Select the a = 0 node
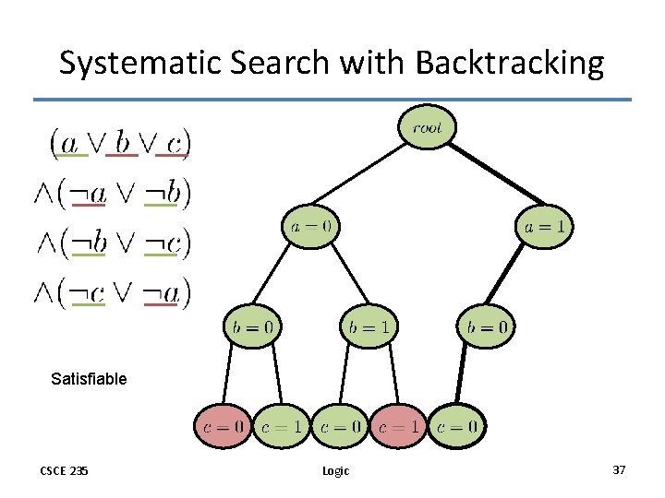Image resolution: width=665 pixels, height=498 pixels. pos(310,226)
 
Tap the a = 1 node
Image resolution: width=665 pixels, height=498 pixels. pos(544,226)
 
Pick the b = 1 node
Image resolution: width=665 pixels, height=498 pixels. pos(369,326)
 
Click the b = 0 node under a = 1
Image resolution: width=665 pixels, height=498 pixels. pos(486,326)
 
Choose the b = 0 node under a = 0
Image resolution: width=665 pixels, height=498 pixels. pos(252,326)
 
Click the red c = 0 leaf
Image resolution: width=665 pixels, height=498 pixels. pos(222,426)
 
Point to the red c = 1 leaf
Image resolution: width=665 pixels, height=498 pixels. pos(399,426)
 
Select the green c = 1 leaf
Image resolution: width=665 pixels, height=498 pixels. pos(281,426)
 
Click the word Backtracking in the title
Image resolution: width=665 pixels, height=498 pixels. pos(510,64)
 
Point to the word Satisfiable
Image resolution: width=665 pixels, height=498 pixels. pos(89,378)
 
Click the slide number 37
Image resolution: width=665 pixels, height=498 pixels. pos(619,470)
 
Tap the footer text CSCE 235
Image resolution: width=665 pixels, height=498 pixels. pos(64,470)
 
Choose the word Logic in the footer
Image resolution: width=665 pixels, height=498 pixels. pos(335,470)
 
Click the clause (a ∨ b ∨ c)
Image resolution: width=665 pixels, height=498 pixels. pos(120,142)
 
